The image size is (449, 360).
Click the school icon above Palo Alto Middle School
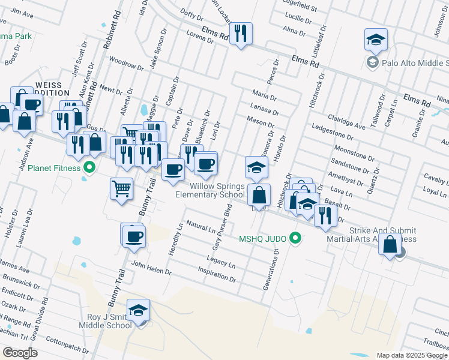coord(376,40)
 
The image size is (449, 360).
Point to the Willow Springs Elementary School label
coord(209,190)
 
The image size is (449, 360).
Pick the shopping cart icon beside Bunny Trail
coord(121,189)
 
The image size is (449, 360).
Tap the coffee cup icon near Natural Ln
coord(133,235)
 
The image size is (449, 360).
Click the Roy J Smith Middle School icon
coord(138,310)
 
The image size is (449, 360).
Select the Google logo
coord(20,353)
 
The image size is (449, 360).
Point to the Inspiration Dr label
coord(217,274)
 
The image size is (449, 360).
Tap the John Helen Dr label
coord(151,268)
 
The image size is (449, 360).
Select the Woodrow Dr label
coord(126,64)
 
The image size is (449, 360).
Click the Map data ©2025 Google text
coord(412,355)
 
